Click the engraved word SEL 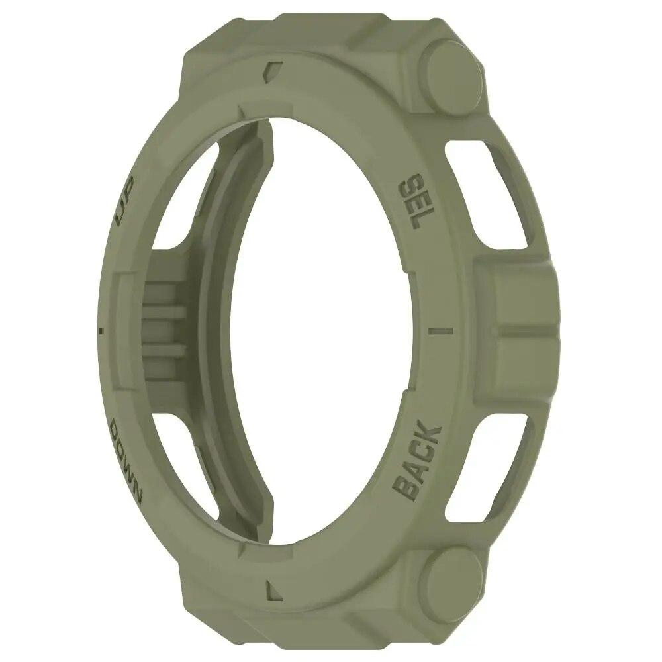click(x=414, y=200)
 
